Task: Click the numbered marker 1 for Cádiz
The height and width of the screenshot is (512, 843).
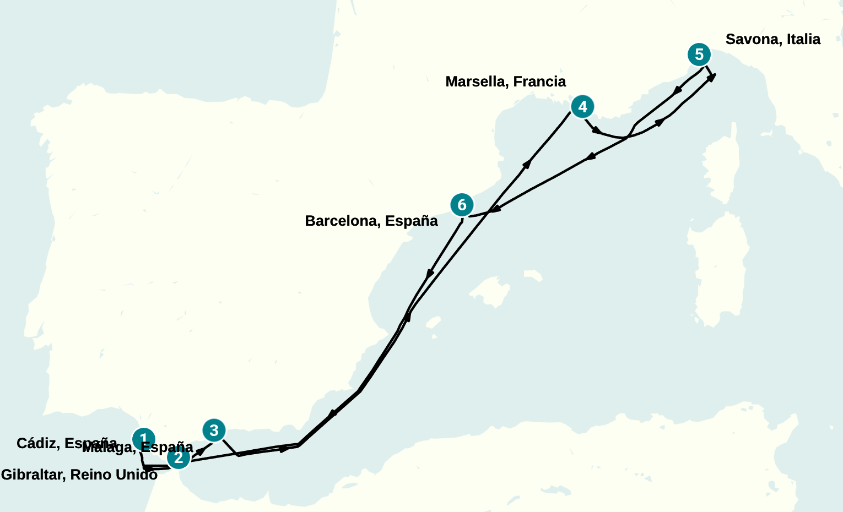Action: tap(143, 439)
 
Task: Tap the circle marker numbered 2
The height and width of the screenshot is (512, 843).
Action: tap(178, 457)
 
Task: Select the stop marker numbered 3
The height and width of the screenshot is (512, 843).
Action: tap(214, 430)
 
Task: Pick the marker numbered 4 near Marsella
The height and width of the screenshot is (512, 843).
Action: tap(582, 106)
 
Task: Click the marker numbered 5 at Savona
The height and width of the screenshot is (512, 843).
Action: tap(699, 55)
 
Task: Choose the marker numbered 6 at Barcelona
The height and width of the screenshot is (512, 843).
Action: tap(462, 205)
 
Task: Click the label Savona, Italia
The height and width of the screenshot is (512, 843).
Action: tap(772, 39)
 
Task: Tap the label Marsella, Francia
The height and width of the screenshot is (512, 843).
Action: tap(505, 81)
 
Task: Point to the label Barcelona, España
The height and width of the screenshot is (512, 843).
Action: tap(371, 221)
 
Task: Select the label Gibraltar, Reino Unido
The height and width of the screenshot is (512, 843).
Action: tap(79, 475)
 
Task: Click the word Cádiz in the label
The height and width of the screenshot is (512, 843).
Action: tap(37, 443)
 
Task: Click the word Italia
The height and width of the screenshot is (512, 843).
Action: tap(803, 39)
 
